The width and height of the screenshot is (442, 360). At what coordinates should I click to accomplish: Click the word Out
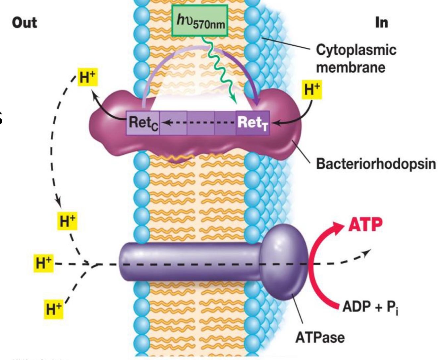pos(24,23)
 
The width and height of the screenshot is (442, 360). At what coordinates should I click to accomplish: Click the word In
pos(381,23)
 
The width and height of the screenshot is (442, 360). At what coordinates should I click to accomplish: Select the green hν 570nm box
pos(200,20)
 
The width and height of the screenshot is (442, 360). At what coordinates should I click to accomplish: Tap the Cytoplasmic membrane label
pos(356,58)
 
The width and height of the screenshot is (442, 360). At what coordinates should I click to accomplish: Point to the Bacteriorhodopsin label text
pos(375,164)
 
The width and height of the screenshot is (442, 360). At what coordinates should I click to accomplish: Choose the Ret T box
pos(253,123)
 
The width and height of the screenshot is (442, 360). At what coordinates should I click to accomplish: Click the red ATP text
pos(365,224)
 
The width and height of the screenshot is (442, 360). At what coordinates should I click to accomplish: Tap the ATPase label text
pos(320,337)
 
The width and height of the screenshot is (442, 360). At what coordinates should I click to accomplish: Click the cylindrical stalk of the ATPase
pos(189,262)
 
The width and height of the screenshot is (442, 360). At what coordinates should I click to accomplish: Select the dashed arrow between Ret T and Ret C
pos(199,123)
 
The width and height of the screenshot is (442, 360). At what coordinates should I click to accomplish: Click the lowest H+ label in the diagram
pos(53,309)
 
